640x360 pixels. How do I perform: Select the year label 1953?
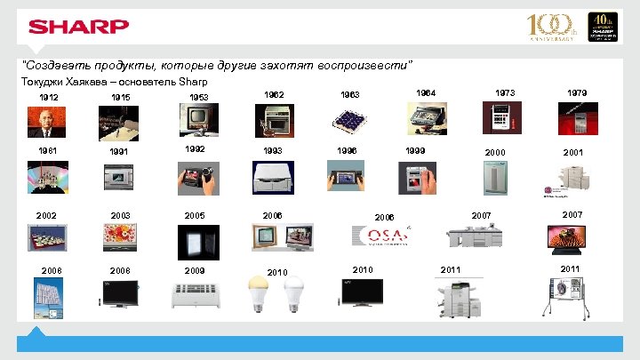tap(199, 96)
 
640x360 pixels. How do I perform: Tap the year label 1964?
tap(427, 92)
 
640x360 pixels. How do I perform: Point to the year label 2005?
tap(194, 216)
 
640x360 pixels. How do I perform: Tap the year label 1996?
tap(347, 151)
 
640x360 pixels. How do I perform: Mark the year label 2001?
tap(574, 153)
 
